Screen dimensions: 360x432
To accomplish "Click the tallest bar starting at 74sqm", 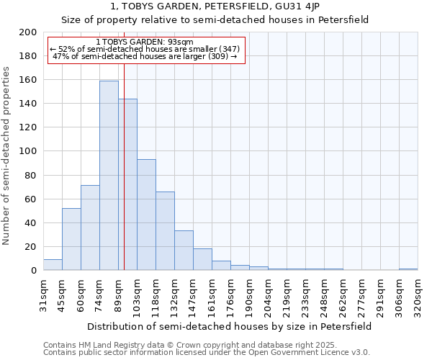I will point(109,176).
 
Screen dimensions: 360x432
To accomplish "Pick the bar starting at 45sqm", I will point(71,239).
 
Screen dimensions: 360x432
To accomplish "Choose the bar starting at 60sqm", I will point(90,228).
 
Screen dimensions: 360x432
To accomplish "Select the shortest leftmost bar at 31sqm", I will point(53,264).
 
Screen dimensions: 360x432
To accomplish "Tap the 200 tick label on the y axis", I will point(28,32).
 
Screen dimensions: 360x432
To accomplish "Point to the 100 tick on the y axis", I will point(28,151).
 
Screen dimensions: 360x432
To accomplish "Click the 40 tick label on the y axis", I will point(31,222).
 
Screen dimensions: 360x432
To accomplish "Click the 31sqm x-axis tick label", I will point(43,297).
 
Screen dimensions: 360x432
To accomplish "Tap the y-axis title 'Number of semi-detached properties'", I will point(7,156).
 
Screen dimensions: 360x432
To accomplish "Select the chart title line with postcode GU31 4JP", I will point(215,6).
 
